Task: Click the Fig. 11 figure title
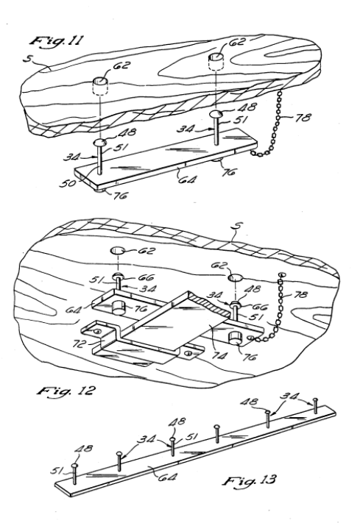[57, 40]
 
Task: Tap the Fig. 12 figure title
[66, 391]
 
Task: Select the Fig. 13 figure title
[250, 480]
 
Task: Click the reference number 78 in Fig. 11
[303, 118]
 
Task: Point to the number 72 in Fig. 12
[79, 344]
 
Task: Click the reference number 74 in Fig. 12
[219, 355]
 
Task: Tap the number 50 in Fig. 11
[67, 182]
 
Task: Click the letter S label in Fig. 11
[28, 59]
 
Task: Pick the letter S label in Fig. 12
[237, 227]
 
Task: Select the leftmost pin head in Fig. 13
[74, 465]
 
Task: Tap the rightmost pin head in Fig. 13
[314, 399]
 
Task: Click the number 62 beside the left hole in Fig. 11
[121, 65]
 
